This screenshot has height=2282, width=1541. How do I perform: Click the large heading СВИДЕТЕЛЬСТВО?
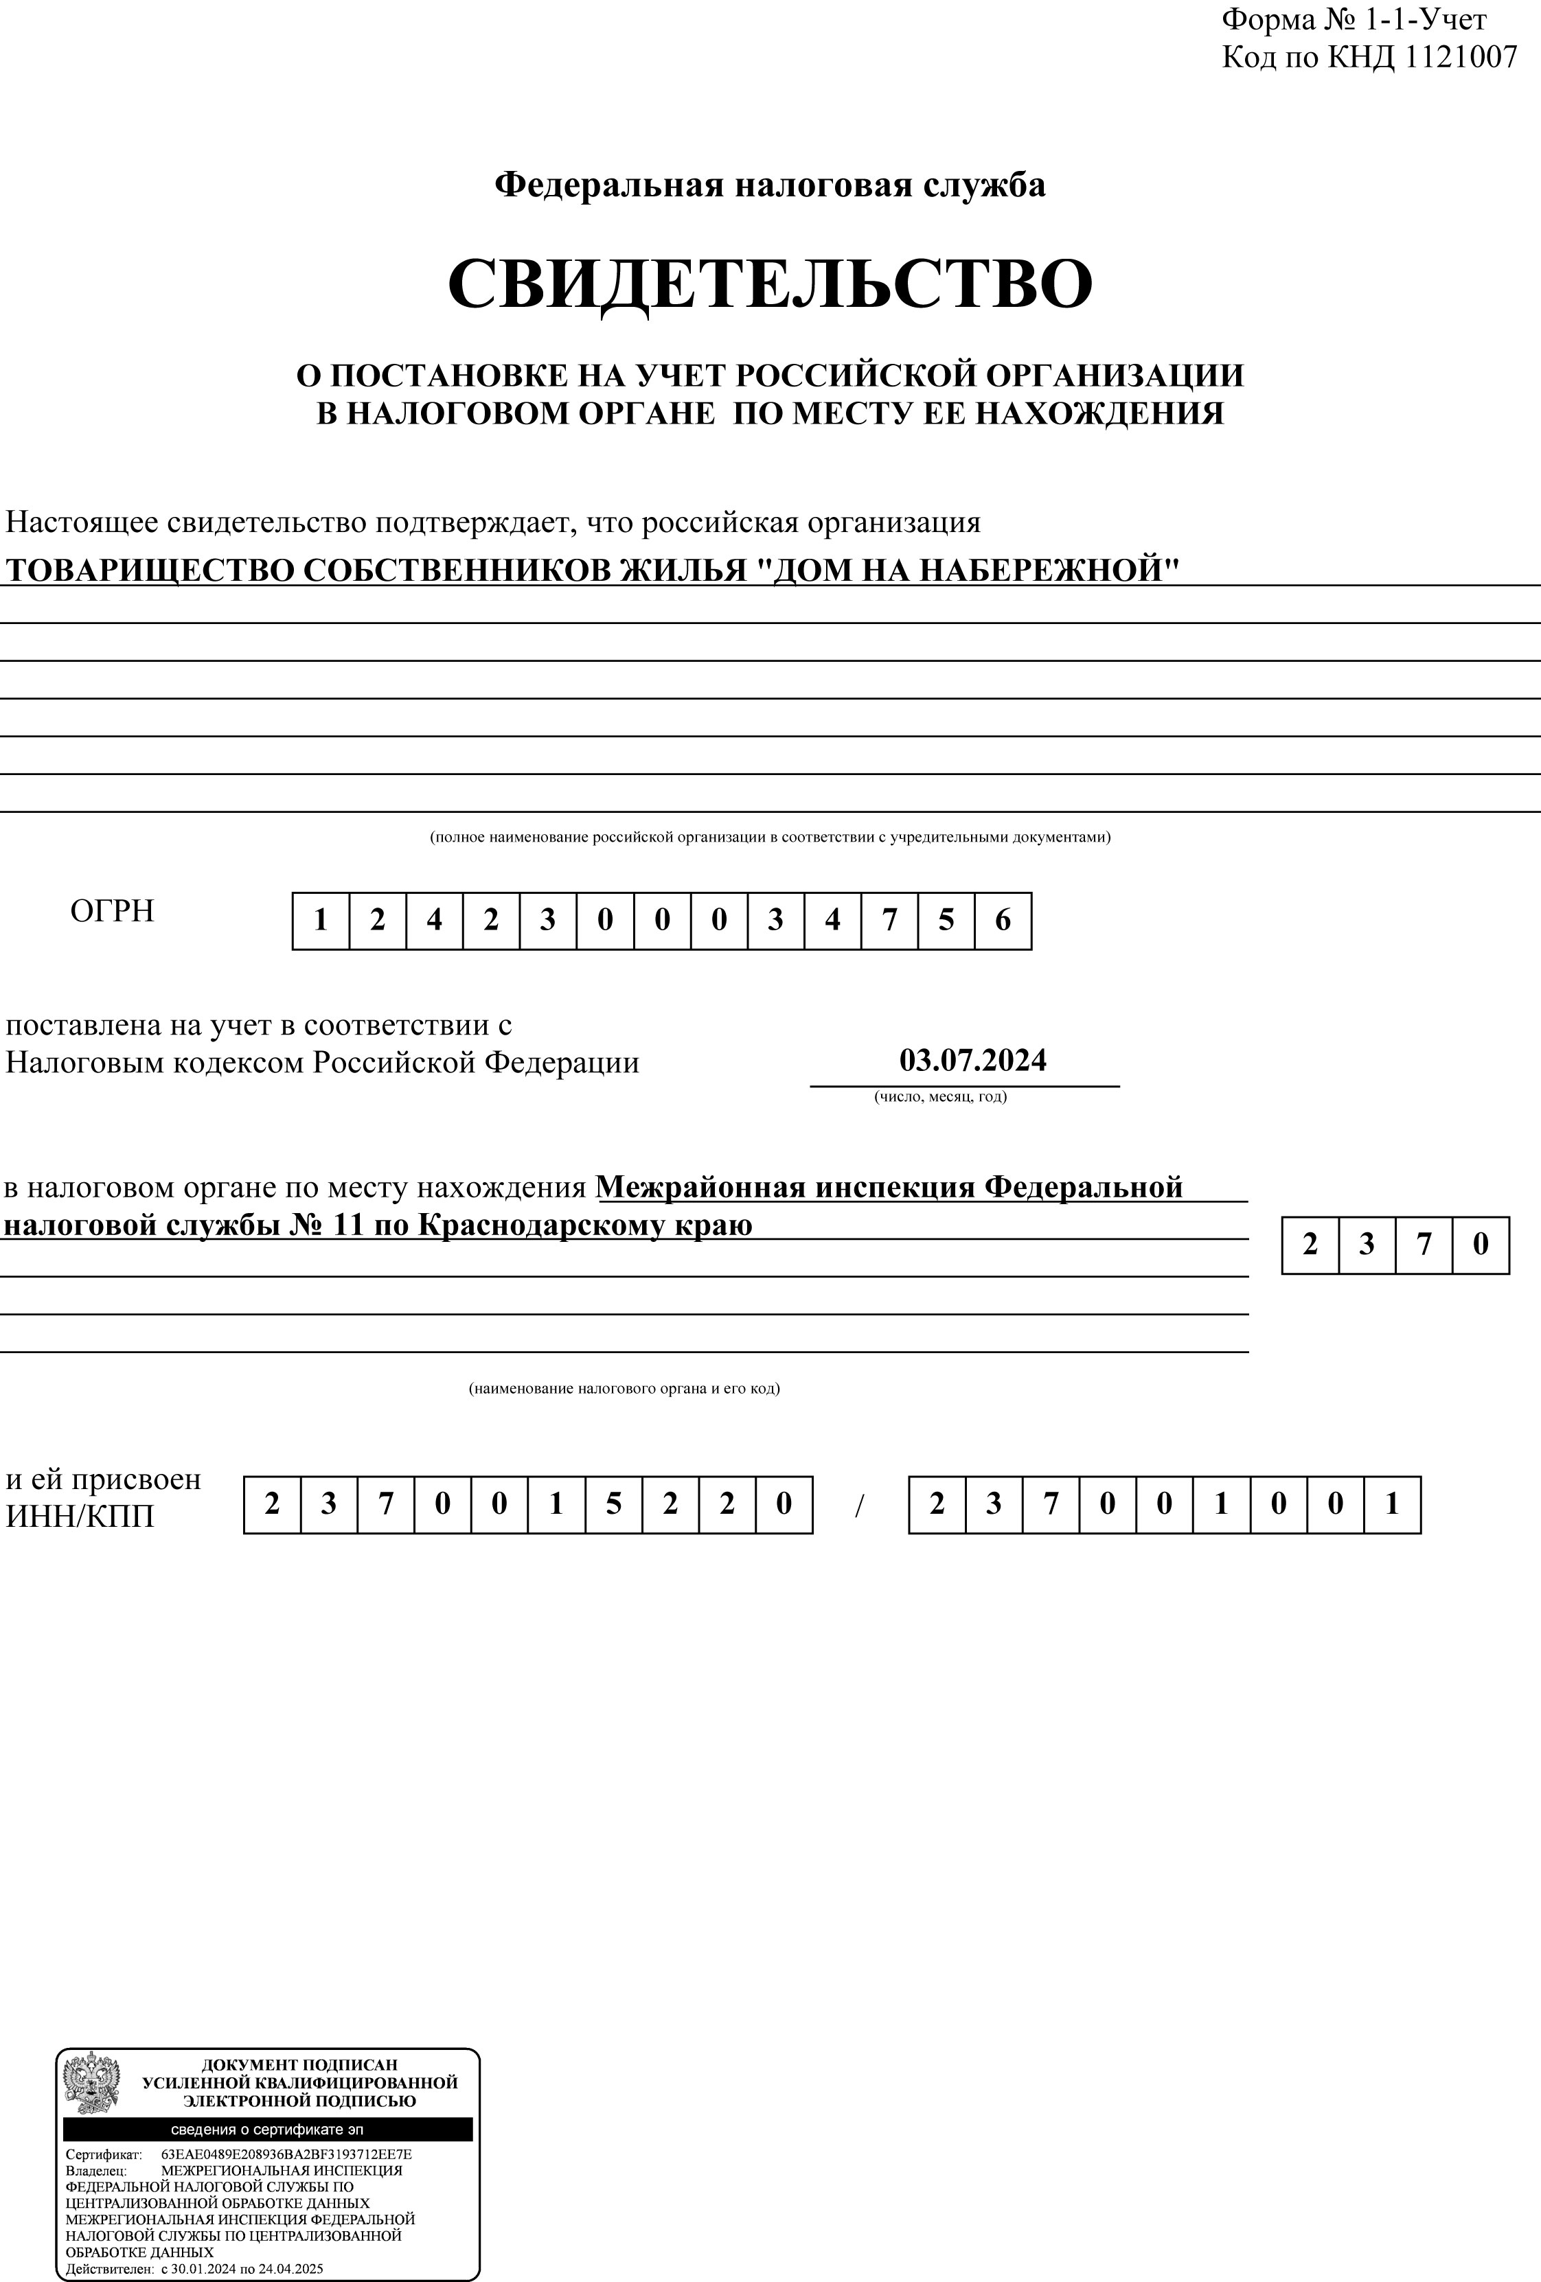(770, 283)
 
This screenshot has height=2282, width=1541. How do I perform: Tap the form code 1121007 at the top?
(1461, 57)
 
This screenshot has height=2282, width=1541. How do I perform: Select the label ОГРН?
(112, 911)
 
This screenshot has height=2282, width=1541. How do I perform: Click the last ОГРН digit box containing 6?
(1003, 921)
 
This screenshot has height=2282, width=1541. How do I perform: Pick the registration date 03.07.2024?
(972, 1061)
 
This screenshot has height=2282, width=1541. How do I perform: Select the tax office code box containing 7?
(1423, 1245)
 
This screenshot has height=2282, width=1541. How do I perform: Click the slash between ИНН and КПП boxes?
(859, 1506)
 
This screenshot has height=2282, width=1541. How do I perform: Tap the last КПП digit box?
(1392, 1504)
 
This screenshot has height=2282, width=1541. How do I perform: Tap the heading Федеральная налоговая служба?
(770, 185)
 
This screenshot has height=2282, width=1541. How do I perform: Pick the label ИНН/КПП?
(80, 1517)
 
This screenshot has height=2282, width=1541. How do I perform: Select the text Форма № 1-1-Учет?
(1354, 20)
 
